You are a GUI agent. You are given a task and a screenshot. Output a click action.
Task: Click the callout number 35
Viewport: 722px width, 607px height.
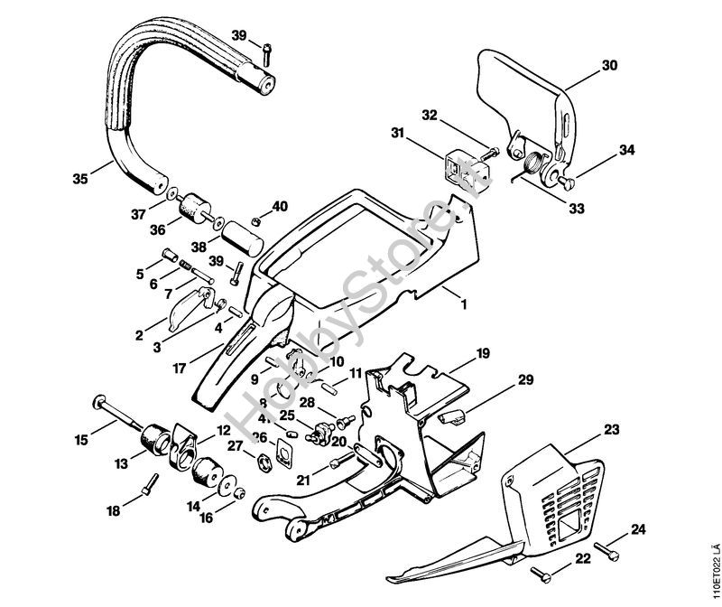click(x=79, y=180)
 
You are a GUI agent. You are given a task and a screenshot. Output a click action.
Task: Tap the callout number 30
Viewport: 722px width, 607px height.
click(x=610, y=65)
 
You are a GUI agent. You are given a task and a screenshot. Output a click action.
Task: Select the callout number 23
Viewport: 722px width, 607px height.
click(x=611, y=430)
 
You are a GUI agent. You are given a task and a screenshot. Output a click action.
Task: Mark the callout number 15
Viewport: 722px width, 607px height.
click(x=81, y=440)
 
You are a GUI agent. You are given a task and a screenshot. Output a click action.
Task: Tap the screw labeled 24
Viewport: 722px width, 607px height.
click(x=613, y=546)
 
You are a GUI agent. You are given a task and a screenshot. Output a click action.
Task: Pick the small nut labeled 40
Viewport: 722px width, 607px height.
click(x=257, y=221)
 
